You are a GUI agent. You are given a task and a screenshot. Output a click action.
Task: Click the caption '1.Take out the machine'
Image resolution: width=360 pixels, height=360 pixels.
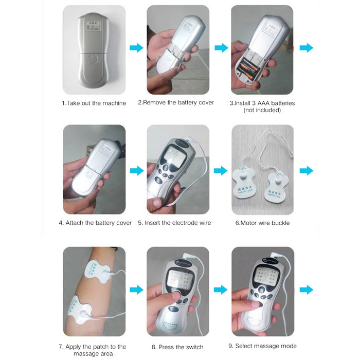[x=94, y=103]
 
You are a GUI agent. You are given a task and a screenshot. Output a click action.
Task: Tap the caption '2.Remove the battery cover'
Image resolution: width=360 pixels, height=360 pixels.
[x=176, y=103]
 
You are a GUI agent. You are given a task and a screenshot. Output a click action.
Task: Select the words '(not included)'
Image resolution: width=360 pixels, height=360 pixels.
[x=262, y=110]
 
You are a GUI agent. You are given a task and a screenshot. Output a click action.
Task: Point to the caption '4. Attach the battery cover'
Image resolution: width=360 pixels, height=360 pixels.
[x=95, y=223]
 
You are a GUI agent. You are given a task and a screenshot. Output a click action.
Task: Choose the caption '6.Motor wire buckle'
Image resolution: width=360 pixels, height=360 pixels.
[x=262, y=223]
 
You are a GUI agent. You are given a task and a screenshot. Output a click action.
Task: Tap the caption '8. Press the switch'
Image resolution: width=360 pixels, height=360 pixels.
[x=177, y=347]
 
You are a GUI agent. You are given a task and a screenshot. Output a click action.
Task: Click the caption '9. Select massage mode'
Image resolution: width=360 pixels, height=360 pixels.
[x=262, y=346]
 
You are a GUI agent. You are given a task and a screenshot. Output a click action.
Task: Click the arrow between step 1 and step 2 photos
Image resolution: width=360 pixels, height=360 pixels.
[x=136, y=48]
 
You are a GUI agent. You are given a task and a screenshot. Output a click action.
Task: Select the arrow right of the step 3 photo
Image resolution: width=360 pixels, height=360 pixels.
[x=307, y=48]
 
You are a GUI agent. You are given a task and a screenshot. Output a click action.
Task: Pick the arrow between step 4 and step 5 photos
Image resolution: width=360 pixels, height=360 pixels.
[x=136, y=170]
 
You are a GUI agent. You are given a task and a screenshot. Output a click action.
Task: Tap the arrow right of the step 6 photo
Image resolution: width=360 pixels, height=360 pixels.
[x=307, y=170]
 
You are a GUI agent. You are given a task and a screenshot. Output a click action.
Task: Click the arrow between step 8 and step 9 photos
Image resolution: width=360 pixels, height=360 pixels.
[x=221, y=290]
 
